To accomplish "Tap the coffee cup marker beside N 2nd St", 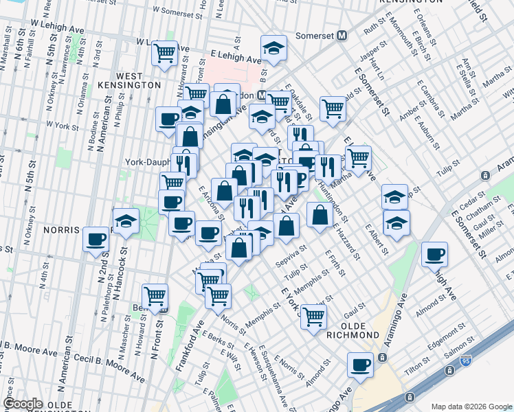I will point(96,240).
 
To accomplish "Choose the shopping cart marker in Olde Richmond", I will point(313,317).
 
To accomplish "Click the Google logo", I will point(23,404).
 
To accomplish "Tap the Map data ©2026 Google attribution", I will point(471,407).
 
